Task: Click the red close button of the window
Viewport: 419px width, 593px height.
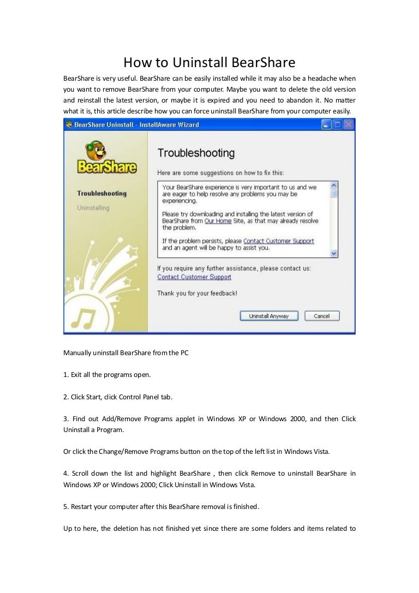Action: pyautogui.click(x=348, y=125)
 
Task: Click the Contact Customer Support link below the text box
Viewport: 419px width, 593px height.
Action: pyautogui.click(x=194, y=277)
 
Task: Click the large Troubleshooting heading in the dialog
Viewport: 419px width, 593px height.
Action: pyautogui.click(x=196, y=153)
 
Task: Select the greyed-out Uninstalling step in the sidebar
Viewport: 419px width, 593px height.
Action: pyautogui.click(x=93, y=208)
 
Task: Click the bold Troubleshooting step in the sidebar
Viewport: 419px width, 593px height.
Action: pyautogui.click(x=102, y=194)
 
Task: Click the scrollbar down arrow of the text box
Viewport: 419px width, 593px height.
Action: pyautogui.click(x=334, y=253)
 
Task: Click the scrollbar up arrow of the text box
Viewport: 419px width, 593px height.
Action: pyautogui.click(x=334, y=185)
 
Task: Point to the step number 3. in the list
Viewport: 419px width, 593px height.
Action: pyautogui.click(x=67, y=418)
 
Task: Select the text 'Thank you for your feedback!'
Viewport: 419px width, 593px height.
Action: pyautogui.click(x=197, y=293)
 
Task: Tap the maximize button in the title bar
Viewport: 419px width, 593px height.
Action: pyautogui.click(x=337, y=125)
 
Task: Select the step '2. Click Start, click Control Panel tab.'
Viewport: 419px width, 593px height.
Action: pyautogui.click(x=118, y=397)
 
